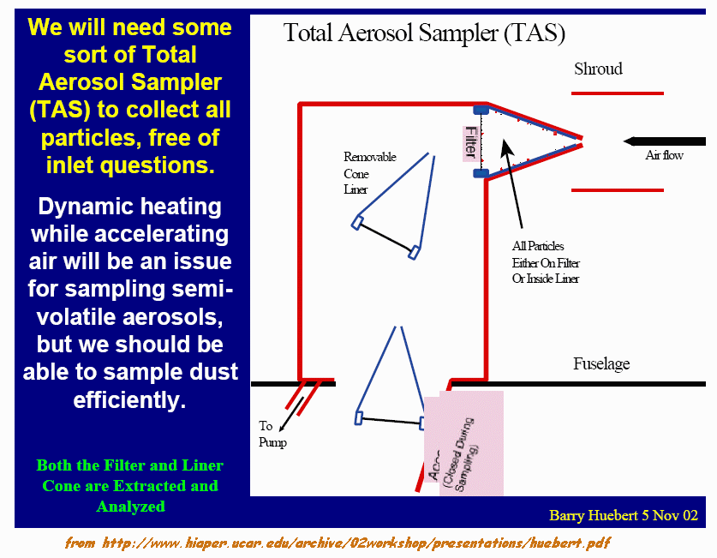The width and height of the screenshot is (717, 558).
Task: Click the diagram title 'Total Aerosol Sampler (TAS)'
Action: [x=424, y=33]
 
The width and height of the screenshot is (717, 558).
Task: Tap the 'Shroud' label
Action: [x=598, y=69]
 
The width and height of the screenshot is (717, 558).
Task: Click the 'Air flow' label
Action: [x=664, y=156]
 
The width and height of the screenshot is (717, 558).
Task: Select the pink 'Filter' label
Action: [x=470, y=141]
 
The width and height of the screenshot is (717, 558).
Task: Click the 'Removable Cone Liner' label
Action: [x=369, y=173]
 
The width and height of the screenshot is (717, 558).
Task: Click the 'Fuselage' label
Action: [x=600, y=364]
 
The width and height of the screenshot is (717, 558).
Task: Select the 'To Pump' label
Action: [x=272, y=434]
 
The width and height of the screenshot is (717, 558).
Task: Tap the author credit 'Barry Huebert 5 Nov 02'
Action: [x=624, y=515]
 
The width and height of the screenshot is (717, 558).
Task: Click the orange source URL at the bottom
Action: [x=338, y=543]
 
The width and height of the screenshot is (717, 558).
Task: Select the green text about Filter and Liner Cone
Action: [x=129, y=485]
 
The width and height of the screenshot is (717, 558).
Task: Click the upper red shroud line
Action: [x=618, y=93]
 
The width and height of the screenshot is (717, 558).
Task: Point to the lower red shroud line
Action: [x=618, y=189]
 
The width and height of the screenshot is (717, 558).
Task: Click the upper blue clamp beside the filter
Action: [x=481, y=110]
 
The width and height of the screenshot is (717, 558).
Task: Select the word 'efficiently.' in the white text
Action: [x=129, y=399]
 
